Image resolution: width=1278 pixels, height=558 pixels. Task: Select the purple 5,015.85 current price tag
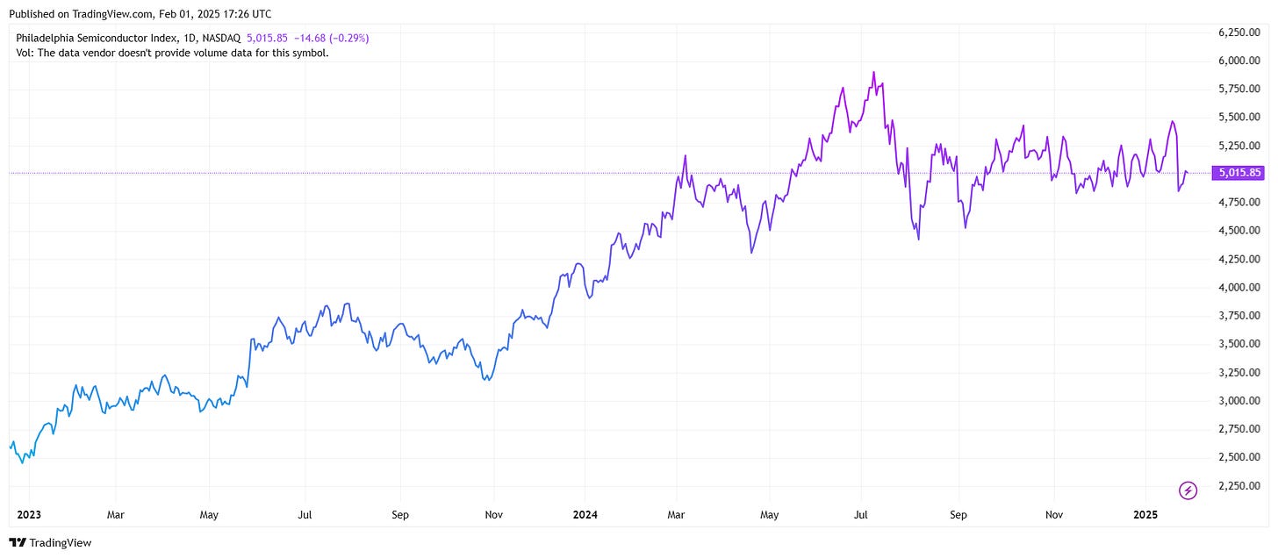pyautogui.click(x=1237, y=173)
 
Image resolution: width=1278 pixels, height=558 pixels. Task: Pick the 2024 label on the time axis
pyautogui.click(x=583, y=514)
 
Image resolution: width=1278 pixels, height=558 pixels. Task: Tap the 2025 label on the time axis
pyautogui.click(x=1147, y=514)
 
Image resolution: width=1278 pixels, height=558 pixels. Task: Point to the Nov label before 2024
pyautogui.click(x=493, y=514)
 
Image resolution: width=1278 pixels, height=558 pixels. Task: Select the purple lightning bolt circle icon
pyautogui.click(x=1188, y=490)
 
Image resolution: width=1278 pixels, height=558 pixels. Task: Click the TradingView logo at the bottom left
pyautogui.click(x=50, y=543)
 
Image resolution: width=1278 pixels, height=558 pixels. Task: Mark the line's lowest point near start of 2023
pyautogui.click(x=22, y=462)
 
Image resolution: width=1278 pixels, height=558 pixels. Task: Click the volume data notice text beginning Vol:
pyautogui.click(x=172, y=53)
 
